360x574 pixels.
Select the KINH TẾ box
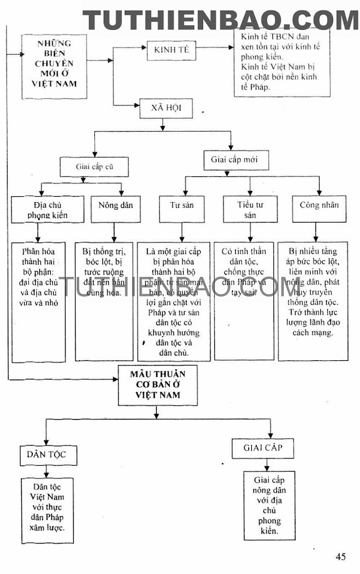click(172, 51)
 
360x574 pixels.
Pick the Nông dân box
click(114, 206)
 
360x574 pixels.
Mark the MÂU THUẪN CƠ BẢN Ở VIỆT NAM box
click(156, 385)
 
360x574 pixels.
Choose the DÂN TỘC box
click(48, 453)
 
